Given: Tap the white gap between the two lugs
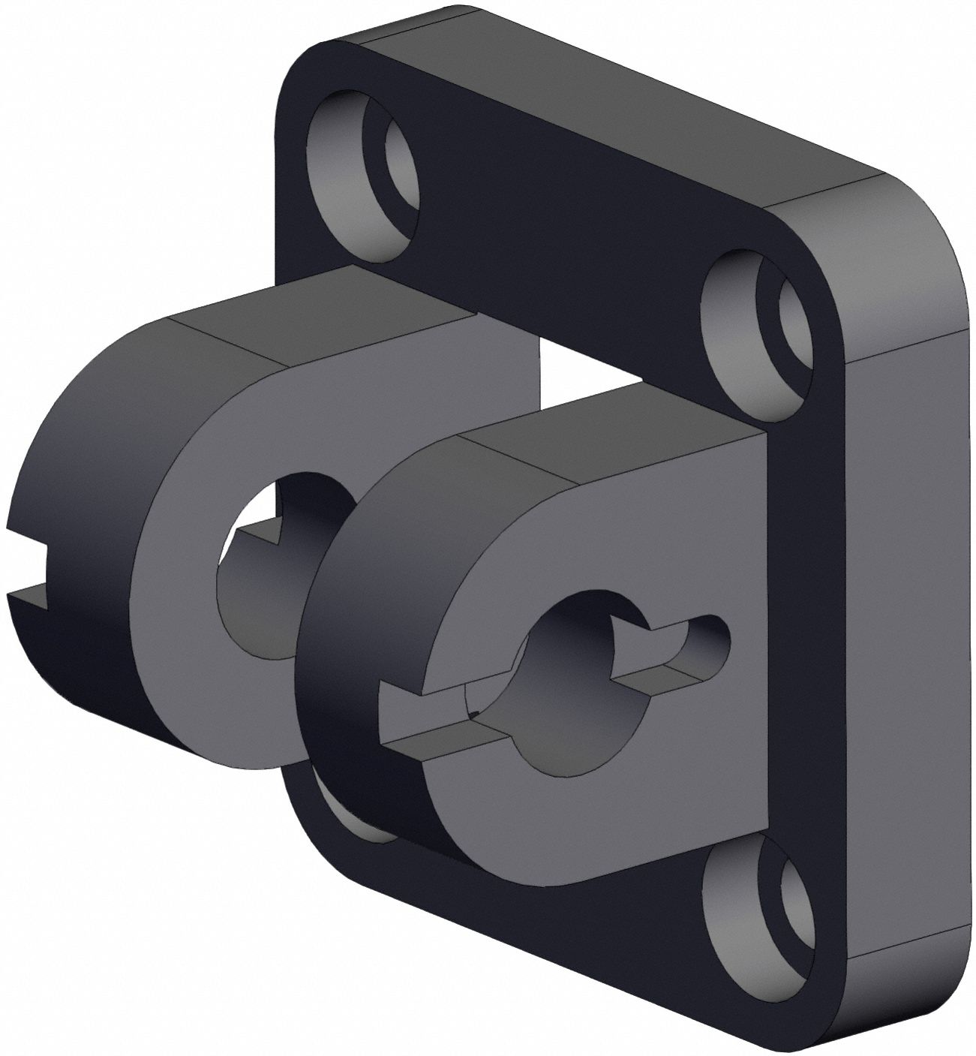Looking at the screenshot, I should (578, 368).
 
